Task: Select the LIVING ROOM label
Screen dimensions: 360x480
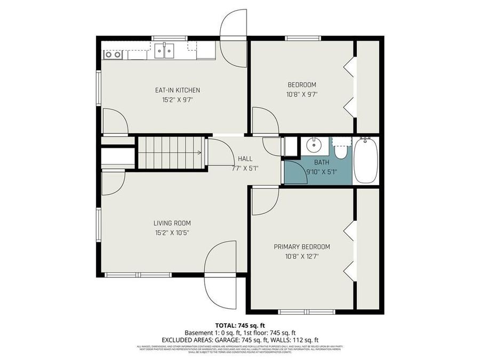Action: [x=172, y=223]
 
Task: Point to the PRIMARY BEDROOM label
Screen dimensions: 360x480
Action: [x=302, y=246]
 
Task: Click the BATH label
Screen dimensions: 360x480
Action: [x=321, y=162]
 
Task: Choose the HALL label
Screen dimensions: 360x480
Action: [x=245, y=158]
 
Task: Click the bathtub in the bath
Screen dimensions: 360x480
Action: [x=366, y=160]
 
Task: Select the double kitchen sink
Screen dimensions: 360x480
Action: [x=164, y=52]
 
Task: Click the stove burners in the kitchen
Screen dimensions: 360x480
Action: [x=113, y=54]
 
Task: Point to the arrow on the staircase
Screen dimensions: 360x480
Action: [x=198, y=153]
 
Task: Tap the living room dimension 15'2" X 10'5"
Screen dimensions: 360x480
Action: [x=172, y=233]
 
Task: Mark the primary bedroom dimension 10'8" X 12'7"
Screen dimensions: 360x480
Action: [x=302, y=256]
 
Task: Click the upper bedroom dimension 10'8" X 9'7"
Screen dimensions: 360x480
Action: [x=302, y=94]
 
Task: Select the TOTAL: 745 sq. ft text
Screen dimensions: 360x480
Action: [x=239, y=325]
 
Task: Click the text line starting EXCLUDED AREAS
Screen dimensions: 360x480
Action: [x=239, y=339]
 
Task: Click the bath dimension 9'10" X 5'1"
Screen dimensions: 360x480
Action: [x=322, y=172]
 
